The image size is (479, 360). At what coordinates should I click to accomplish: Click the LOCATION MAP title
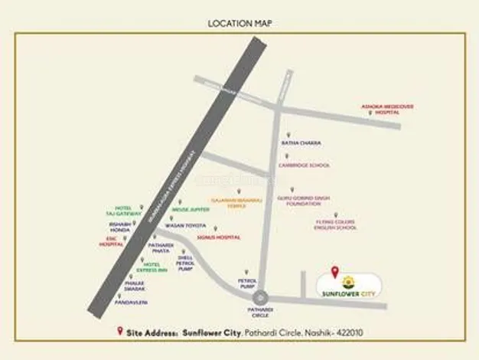tap(239, 23)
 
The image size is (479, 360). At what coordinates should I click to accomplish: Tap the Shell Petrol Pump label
tap(185, 263)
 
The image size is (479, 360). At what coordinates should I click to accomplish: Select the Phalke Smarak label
tap(135, 286)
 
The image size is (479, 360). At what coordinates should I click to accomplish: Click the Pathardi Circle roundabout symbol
tap(261, 298)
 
